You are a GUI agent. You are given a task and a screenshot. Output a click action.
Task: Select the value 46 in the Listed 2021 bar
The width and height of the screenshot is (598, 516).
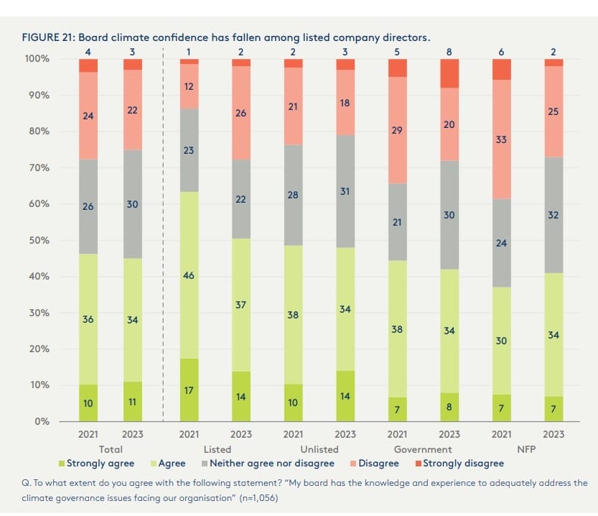(x=189, y=275)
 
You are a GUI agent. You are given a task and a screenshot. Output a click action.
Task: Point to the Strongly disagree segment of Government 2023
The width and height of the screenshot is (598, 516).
(x=450, y=73)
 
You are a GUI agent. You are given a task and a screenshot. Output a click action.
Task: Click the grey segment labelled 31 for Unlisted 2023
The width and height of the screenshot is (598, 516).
(x=345, y=191)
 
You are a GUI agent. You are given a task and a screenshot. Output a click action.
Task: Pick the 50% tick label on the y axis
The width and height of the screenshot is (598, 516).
(x=39, y=240)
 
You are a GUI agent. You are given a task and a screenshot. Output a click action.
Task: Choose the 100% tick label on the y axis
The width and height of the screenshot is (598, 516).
(x=36, y=58)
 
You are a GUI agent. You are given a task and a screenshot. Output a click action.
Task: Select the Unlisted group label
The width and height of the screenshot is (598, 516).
(x=319, y=449)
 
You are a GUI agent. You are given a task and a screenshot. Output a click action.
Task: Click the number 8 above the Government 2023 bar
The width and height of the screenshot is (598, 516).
(x=450, y=51)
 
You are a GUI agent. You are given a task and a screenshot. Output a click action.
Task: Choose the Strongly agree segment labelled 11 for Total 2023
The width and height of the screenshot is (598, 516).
(x=133, y=402)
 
